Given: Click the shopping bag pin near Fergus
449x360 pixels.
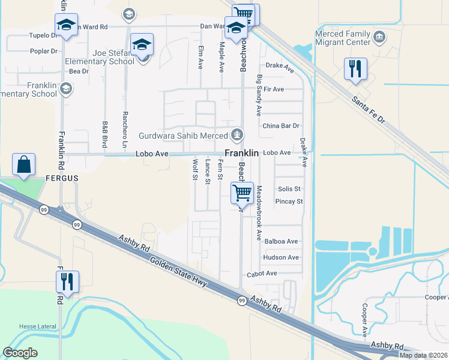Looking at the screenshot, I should coord(23,164).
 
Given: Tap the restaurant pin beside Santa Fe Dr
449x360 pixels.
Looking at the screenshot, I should coord(355,69).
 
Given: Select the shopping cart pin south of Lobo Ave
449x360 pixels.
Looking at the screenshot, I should coord(242,193).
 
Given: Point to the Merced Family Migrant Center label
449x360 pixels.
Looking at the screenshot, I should coord(343,38).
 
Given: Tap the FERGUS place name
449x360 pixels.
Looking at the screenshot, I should coord(62,178).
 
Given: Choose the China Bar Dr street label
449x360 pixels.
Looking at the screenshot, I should coord(280,126).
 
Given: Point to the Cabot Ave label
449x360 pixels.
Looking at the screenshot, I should coord(262,274).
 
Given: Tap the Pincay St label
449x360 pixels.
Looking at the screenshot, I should coord(289,202).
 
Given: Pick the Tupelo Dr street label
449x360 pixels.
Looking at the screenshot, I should coord(43,35).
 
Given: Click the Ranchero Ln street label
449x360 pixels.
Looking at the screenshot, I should coord(125,134).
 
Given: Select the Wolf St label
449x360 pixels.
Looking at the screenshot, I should coord(194,169).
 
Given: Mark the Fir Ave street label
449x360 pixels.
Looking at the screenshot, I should coord(273,89).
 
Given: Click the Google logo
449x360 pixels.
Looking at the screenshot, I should coord(20,353).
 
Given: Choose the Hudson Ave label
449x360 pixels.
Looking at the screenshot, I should coord(281,257).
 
